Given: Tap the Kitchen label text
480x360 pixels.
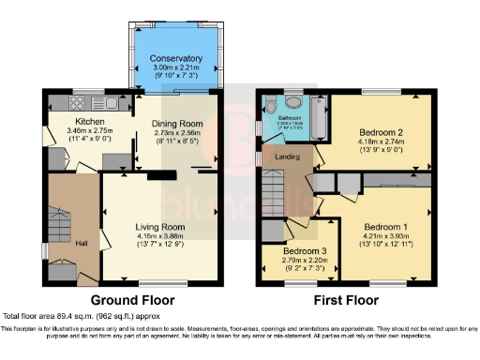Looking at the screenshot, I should point(90,121).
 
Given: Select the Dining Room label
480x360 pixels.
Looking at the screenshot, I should point(177,124).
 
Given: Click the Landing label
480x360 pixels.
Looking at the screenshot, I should point(287,157).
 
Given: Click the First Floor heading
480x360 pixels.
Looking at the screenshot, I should point(344,301).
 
